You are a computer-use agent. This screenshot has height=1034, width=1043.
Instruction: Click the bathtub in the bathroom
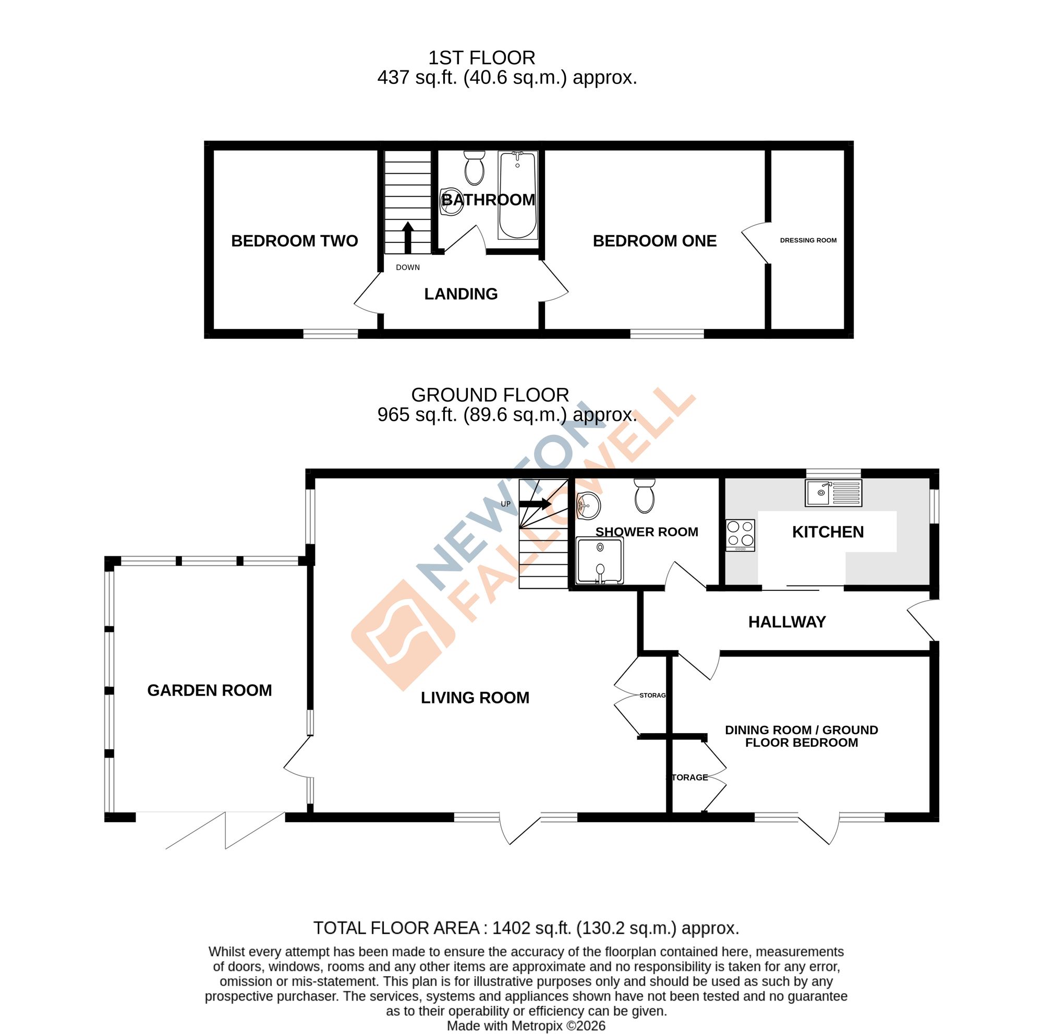(x=517, y=196)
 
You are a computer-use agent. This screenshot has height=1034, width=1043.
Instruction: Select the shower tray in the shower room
(x=599, y=561)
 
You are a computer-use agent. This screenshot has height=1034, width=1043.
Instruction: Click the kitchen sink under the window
(x=833, y=493)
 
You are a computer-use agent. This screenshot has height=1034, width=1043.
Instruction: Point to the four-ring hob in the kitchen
(x=740, y=534)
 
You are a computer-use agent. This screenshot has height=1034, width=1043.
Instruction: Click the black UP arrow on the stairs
(x=535, y=504)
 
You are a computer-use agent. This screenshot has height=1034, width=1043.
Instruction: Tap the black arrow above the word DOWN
(x=408, y=237)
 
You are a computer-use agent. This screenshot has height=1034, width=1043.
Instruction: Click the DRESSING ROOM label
(x=808, y=240)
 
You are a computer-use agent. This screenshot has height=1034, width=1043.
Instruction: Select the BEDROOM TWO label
(x=294, y=241)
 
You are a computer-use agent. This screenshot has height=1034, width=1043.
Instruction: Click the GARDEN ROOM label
(x=210, y=690)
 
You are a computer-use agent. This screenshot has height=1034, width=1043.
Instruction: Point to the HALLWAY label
(x=786, y=622)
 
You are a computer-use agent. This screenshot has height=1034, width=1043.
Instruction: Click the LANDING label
(x=460, y=294)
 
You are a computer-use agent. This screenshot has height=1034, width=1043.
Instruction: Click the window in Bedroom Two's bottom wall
(x=331, y=334)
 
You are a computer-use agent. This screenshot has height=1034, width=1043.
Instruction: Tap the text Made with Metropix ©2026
(x=526, y=1026)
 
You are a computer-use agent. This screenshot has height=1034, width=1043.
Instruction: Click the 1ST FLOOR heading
(x=481, y=58)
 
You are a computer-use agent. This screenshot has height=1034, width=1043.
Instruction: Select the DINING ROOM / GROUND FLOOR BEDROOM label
(x=801, y=736)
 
